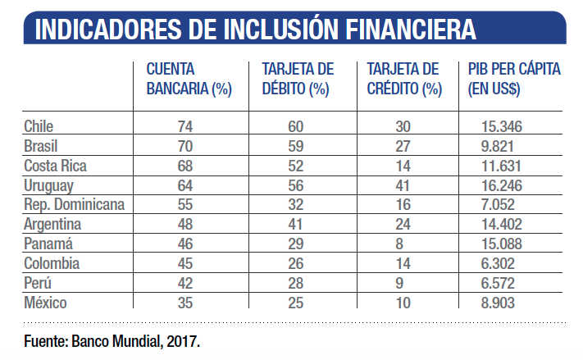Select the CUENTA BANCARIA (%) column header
click(189, 80)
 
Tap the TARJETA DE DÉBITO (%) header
click(297, 80)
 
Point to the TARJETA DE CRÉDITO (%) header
click(403, 80)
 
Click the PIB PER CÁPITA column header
click(513, 80)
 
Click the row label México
click(46, 303)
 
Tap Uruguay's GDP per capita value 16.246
click(503, 185)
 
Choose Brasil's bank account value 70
click(185, 146)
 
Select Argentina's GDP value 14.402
click(503, 225)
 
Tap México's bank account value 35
click(185, 303)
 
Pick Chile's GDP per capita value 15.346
click(503, 126)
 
